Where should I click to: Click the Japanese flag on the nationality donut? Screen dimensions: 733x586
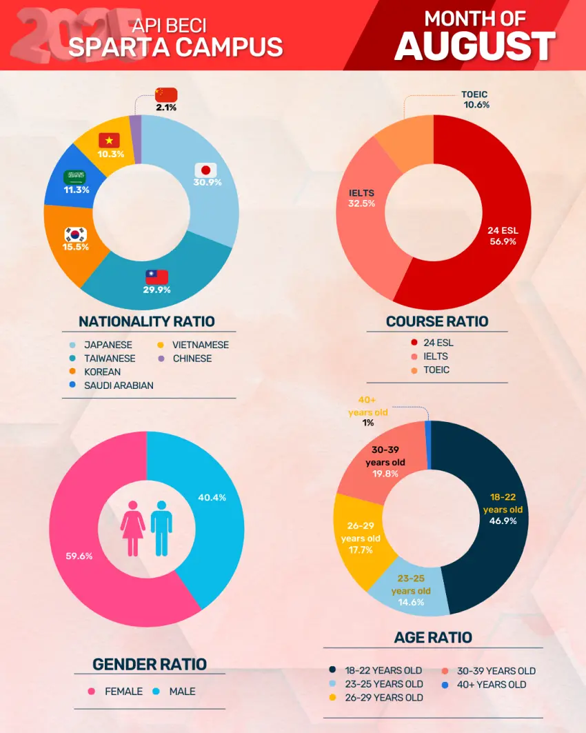point(205,170)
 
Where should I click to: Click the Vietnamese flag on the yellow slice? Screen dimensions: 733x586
point(109,141)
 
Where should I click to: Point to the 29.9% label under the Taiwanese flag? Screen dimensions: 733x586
point(157,290)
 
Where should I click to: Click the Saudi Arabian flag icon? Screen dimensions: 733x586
point(75,177)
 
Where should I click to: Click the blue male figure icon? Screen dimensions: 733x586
point(161,528)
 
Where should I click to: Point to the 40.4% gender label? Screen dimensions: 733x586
point(212,497)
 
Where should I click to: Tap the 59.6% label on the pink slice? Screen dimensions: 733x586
point(79,556)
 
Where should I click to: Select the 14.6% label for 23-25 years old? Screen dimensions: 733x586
point(410,602)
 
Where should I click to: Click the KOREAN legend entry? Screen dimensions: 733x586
point(102,372)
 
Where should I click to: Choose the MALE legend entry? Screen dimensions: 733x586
point(182,691)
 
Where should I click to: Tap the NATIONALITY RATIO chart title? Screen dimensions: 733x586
point(146,321)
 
